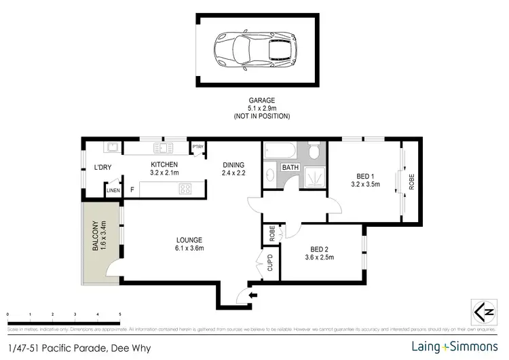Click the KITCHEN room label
coord(164,164)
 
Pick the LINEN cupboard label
coord(113,192)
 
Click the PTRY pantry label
coord(198,147)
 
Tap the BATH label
coord(290,167)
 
